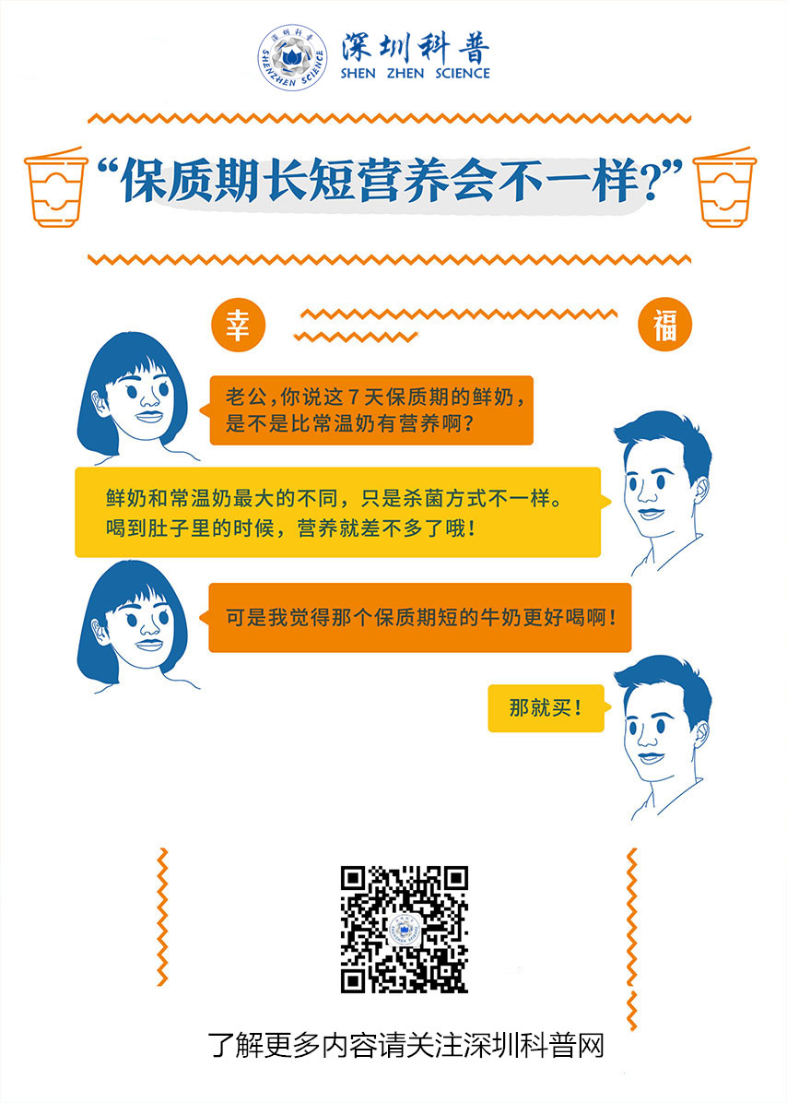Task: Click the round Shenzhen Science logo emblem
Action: pos(293,58)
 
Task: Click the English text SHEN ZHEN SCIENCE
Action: pos(415,73)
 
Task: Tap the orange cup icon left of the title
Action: pos(54,187)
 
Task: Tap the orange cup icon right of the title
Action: pos(723,187)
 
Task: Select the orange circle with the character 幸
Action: pos(238,326)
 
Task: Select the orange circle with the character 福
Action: pos(664,326)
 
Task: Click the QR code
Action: pos(404,929)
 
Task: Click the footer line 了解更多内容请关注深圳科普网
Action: pos(406,1045)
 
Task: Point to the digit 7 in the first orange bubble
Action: pos(354,397)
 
